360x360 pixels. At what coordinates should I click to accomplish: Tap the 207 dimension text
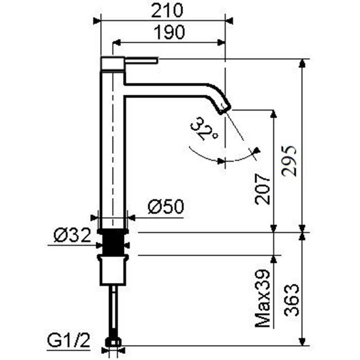(x=263, y=189)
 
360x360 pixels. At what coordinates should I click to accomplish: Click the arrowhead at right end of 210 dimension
(x=229, y=21)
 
